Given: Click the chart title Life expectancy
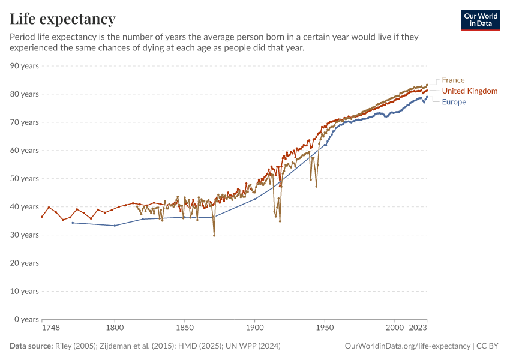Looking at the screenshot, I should pos(62,19).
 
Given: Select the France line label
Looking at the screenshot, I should pos(453,80).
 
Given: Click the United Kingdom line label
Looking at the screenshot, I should pos(469,91).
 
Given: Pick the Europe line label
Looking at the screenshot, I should pos(454,102).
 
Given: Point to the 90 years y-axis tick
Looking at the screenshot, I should pos(25,66).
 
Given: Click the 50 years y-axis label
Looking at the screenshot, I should pos(25,179).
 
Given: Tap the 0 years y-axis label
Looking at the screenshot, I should pos(27,319).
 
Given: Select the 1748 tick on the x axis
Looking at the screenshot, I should pos(51,328).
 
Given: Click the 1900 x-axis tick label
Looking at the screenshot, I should pos(254,328).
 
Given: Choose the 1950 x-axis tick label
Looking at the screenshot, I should pos(325,328).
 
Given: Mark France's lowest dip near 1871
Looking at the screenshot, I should pos(214,236).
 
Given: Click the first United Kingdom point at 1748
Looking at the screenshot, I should pos(42,217).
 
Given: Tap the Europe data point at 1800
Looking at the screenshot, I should pos(115,226).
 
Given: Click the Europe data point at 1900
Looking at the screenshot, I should pos(254,199).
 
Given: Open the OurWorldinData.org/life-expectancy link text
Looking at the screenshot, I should pos(408,346).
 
